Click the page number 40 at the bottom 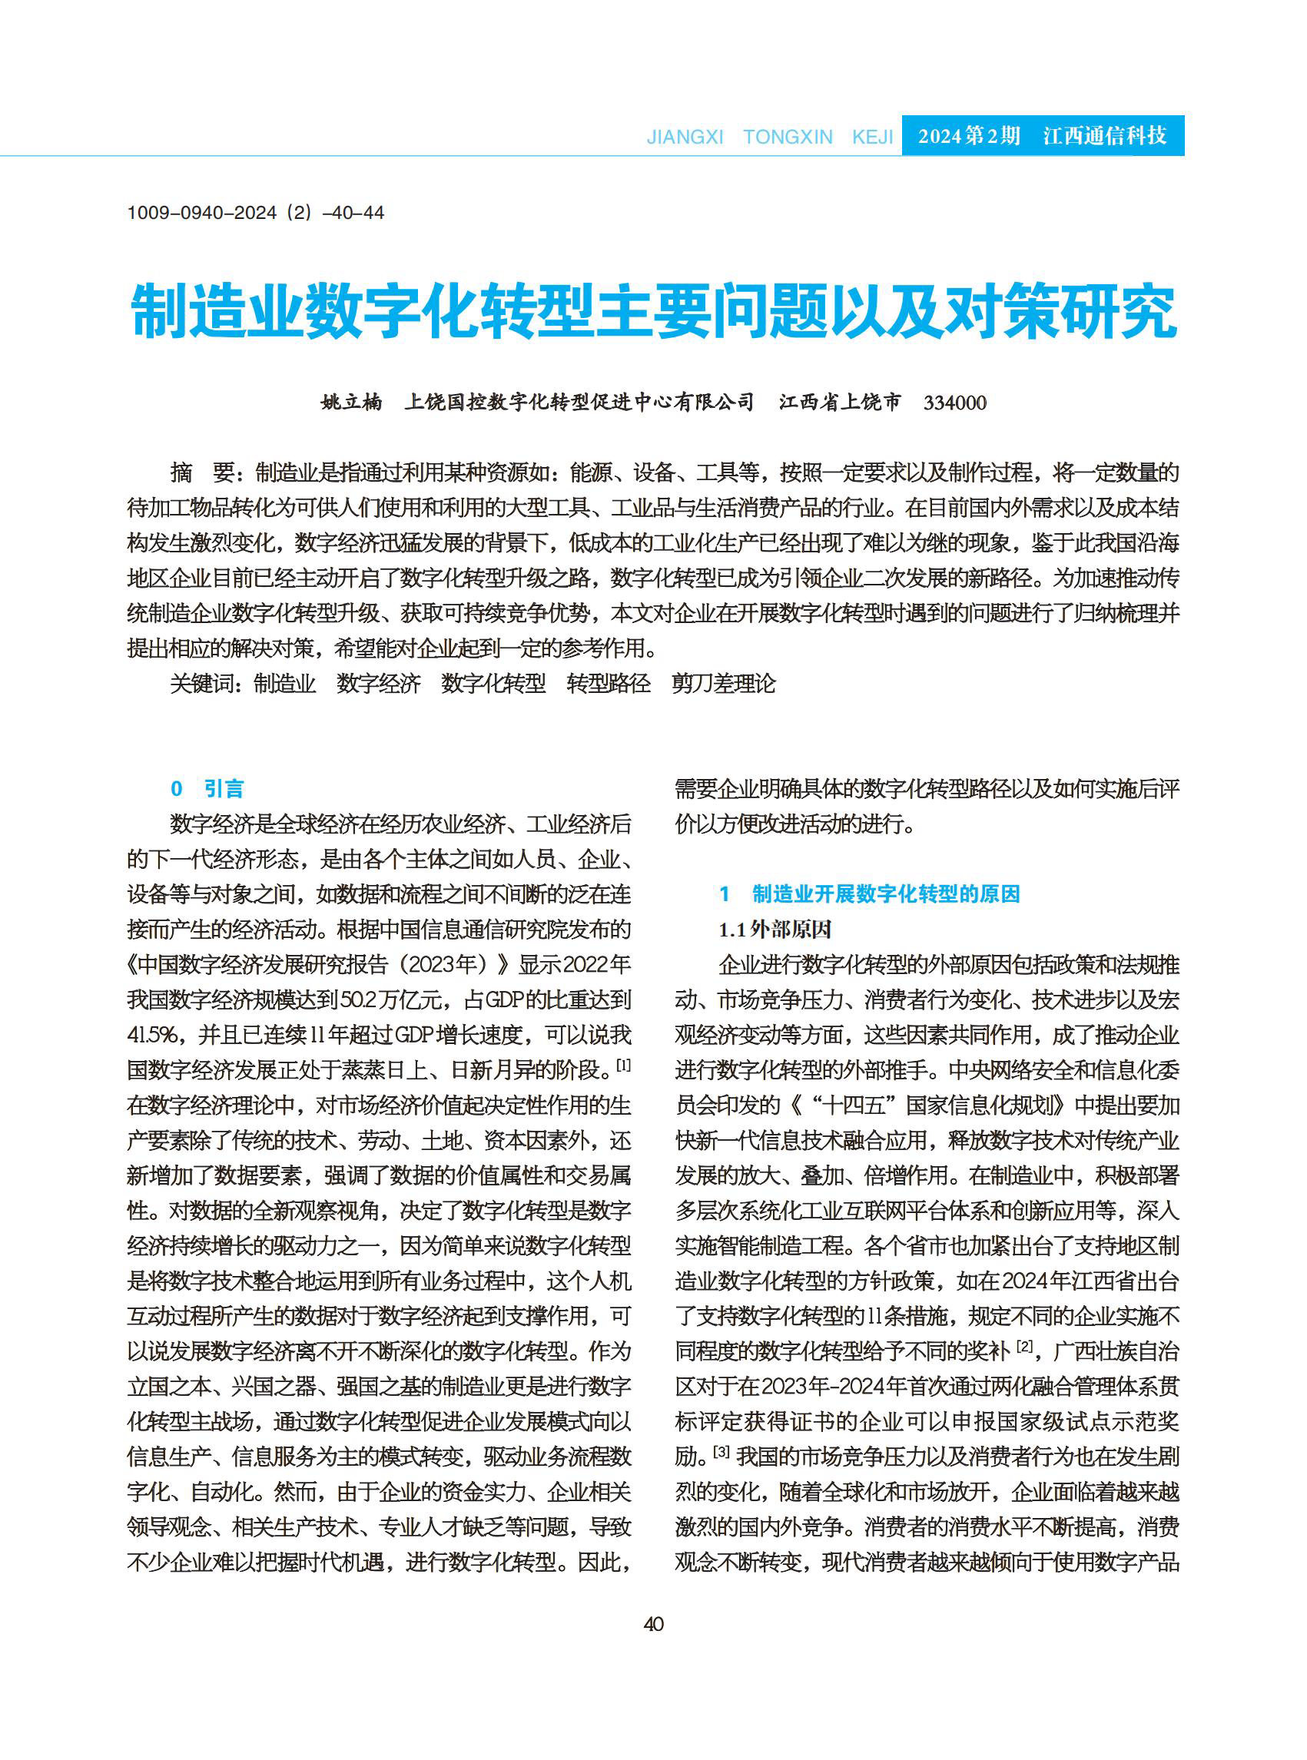(x=653, y=1624)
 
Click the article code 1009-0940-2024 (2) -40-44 (x=256, y=213)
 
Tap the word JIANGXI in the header (x=685, y=137)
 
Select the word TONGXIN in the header (x=788, y=137)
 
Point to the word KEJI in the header (x=872, y=137)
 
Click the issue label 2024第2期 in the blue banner (x=968, y=136)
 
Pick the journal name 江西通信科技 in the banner (x=1104, y=136)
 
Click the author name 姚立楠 (x=351, y=403)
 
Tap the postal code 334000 (x=955, y=403)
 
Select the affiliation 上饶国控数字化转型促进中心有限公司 (x=579, y=403)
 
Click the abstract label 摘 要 (x=202, y=473)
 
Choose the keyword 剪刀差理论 (x=723, y=684)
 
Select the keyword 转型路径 (x=609, y=684)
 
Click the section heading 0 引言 (x=207, y=789)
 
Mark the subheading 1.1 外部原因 (x=775, y=930)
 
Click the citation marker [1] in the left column (x=623, y=1066)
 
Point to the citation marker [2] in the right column (x=1024, y=1345)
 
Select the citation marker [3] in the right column (x=721, y=1451)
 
